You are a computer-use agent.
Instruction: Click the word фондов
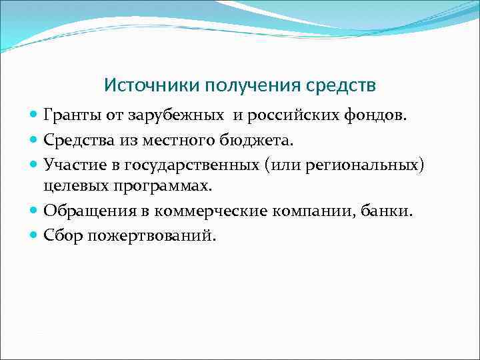pyautogui.click(x=376, y=117)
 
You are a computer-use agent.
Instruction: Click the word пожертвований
pyautogui.click(x=153, y=235)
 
